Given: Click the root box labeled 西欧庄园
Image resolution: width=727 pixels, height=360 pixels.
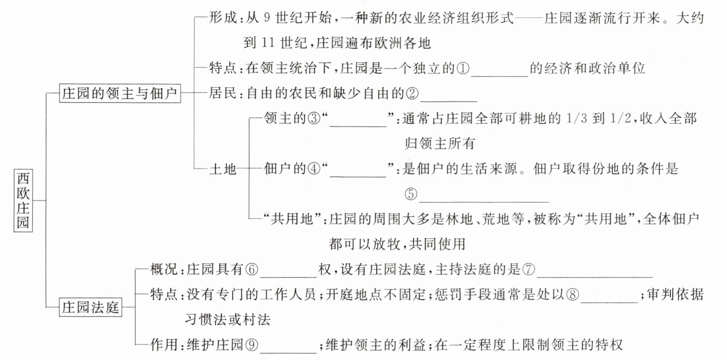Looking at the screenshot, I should (23, 201).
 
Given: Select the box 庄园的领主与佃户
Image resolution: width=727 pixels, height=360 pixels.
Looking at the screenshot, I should (120, 93).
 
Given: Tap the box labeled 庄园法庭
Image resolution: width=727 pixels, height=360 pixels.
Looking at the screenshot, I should (90, 307).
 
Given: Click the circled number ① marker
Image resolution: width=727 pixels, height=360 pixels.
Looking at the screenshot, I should (463, 69).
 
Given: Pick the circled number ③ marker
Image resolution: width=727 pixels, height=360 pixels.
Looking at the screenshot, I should (314, 119).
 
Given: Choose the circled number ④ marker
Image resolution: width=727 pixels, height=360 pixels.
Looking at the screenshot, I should (314, 169).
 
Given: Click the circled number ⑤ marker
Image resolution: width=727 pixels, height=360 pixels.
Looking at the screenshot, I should (411, 194).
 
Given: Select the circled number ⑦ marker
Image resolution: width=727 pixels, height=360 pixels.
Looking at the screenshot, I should (528, 270).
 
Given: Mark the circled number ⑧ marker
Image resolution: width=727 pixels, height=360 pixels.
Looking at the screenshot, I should (572, 295).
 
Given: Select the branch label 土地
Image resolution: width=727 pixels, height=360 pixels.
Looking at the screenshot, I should (223, 169).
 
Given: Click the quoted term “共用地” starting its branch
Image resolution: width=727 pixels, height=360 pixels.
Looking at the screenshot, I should (291, 219).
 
